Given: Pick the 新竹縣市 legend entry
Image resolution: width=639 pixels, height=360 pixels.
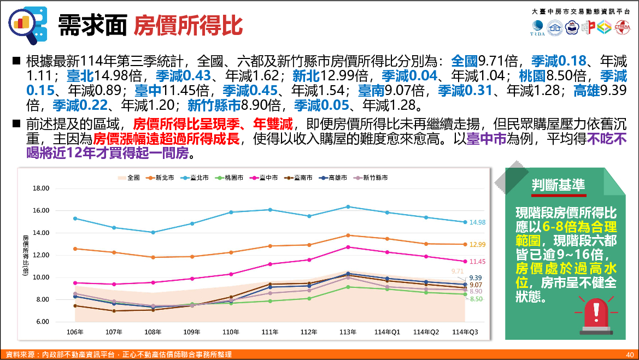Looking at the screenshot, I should tap(372, 178).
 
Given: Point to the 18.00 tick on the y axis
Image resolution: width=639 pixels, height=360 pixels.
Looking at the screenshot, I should tap(42, 188).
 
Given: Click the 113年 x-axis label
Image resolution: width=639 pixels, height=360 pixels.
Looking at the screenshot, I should tap(348, 332).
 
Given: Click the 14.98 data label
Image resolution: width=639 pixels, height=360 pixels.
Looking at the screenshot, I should tap(477, 222).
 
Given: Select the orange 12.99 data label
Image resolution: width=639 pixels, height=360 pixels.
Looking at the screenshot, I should tap(477, 244).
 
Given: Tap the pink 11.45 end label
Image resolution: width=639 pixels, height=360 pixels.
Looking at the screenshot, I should tap(477, 262).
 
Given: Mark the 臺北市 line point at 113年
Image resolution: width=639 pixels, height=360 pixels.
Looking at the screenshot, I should tap(348, 206).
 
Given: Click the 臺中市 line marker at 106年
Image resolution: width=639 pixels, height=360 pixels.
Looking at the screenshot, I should tap(75, 283).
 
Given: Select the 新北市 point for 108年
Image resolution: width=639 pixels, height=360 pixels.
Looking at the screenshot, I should tap(153, 257).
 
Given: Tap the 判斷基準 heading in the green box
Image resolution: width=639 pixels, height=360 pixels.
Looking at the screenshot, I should tap(559, 186).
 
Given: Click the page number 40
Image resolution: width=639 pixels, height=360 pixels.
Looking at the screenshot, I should tap(629, 355).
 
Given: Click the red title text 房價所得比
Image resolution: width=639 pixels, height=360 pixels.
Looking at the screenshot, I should tap(188, 24).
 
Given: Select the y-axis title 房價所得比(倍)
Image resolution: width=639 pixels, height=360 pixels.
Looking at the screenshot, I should tap(25, 257).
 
